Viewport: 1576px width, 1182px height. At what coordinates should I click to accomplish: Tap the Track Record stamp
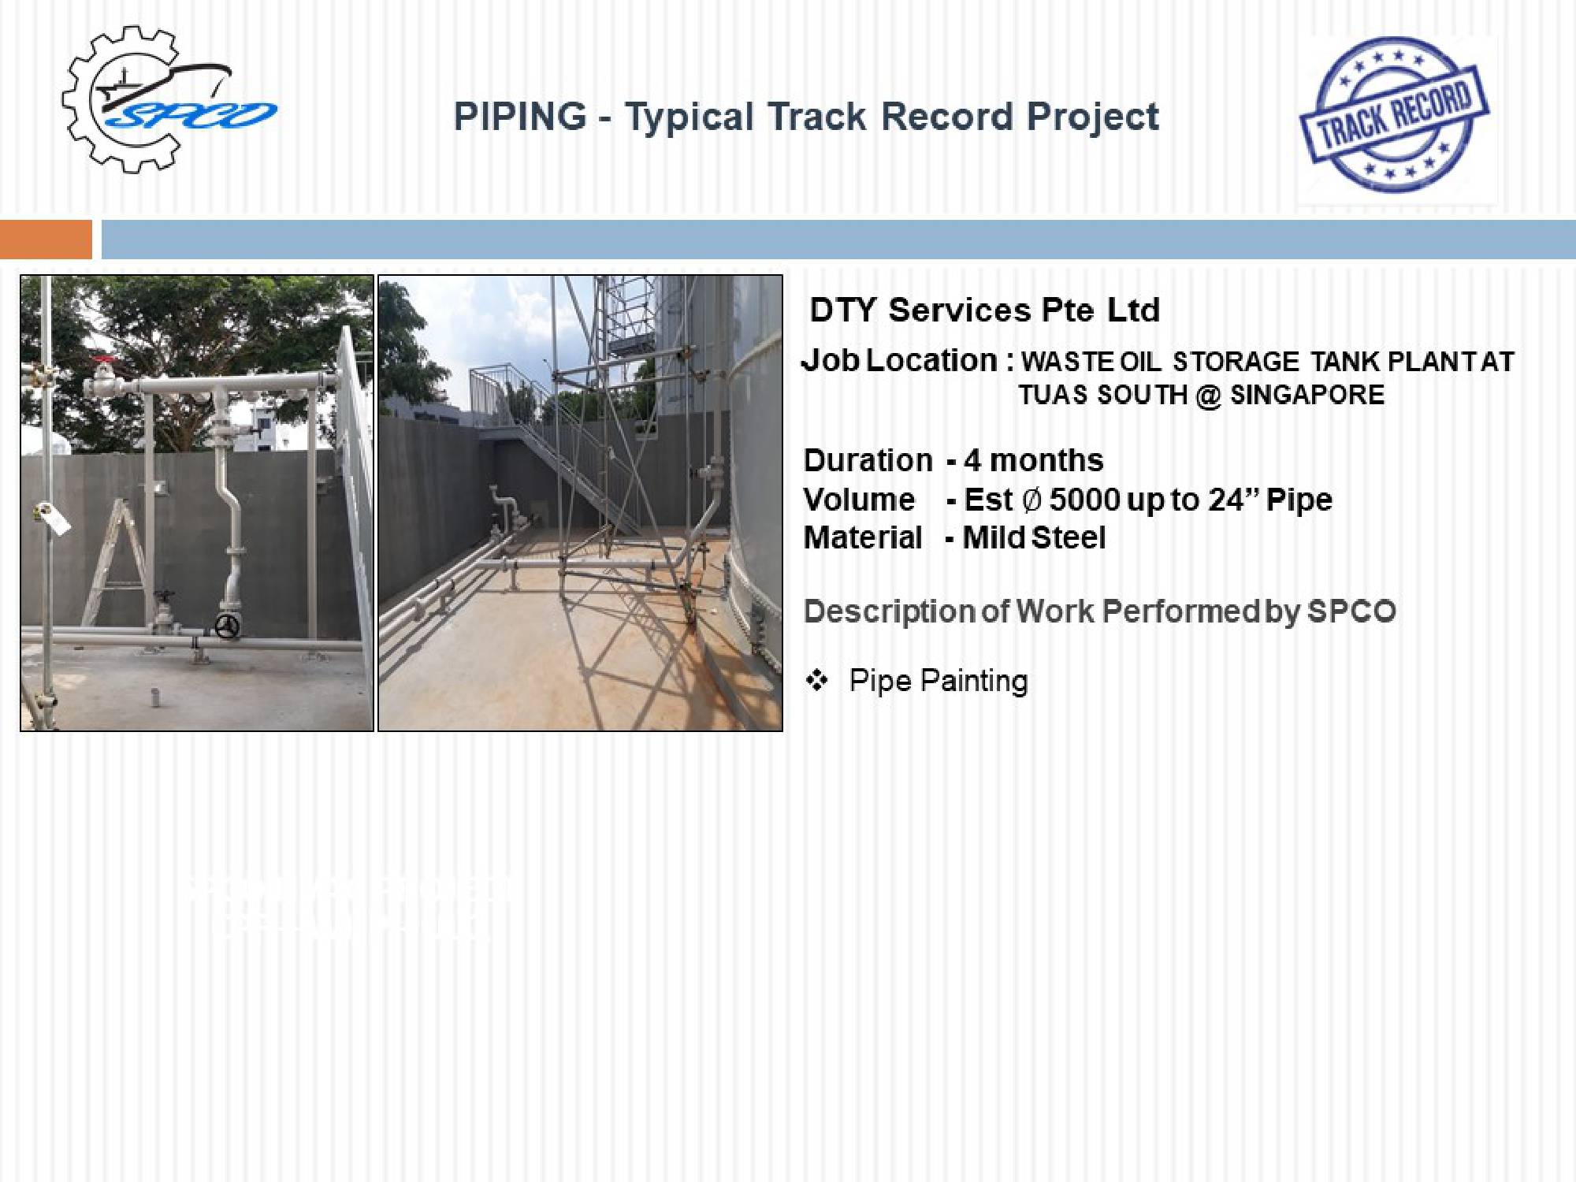pyautogui.click(x=1394, y=115)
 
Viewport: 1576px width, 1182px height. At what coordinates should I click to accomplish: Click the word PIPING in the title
pyautogui.click(x=520, y=117)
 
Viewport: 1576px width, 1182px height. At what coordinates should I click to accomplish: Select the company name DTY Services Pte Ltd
pyautogui.click(x=985, y=310)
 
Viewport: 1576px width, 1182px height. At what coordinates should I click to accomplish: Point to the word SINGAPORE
pyautogui.click(x=1307, y=394)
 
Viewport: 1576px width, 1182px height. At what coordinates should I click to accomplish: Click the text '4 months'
pyautogui.click(x=1034, y=460)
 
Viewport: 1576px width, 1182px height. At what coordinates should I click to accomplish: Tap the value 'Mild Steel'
pyautogui.click(x=1034, y=537)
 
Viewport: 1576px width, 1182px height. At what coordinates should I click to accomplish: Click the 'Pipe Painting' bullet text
pyautogui.click(x=939, y=681)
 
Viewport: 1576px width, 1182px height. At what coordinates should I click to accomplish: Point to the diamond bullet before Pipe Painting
pyautogui.click(x=817, y=680)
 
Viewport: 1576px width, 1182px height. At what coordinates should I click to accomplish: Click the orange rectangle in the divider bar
pyautogui.click(x=46, y=240)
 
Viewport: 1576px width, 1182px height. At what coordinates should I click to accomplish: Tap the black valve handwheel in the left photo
pyautogui.click(x=227, y=627)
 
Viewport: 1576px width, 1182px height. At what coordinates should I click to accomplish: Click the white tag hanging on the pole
pyautogui.click(x=54, y=517)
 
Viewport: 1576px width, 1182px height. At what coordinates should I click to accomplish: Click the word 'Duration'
pyautogui.click(x=868, y=460)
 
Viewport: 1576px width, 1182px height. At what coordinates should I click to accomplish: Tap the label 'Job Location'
pyautogui.click(x=900, y=361)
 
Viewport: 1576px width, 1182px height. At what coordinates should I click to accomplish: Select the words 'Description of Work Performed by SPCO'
pyautogui.click(x=1099, y=611)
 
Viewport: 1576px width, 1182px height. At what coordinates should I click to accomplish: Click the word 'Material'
pyautogui.click(x=863, y=537)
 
